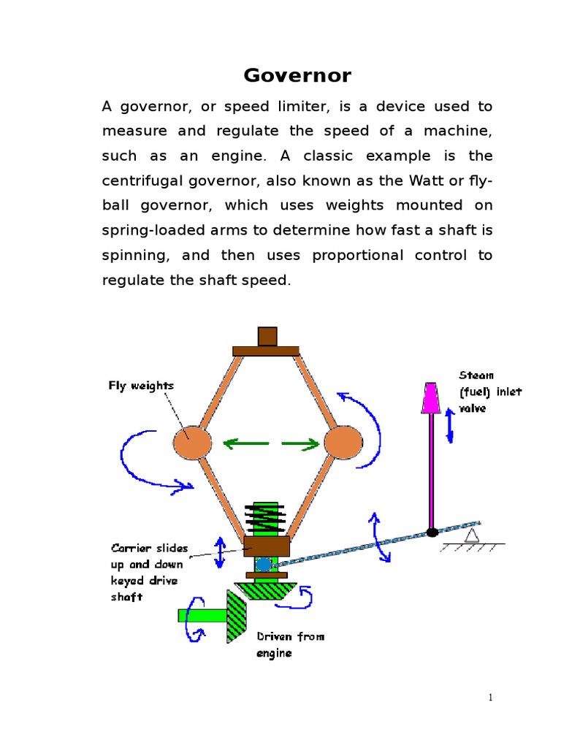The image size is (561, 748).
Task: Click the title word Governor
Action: click(x=297, y=75)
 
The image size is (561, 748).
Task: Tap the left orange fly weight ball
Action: click(x=192, y=443)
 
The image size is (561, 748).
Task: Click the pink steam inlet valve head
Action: click(x=431, y=397)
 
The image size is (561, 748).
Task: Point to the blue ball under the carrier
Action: click(x=263, y=564)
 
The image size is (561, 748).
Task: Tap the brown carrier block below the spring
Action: click(x=266, y=546)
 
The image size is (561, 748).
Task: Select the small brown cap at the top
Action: click(x=267, y=336)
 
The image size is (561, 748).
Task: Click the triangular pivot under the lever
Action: click(x=472, y=537)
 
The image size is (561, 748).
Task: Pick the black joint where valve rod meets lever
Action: click(x=432, y=532)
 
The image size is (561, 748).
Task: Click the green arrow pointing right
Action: click(x=301, y=443)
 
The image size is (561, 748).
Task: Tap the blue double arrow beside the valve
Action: click(x=450, y=425)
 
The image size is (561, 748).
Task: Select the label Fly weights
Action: click(x=141, y=386)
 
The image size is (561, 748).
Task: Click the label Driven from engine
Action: click(x=290, y=644)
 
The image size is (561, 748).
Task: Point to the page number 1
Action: click(x=491, y=698)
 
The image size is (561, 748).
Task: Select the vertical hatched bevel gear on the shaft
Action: click(x=235, y=616)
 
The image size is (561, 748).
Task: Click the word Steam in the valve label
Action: click(x=476, y=375)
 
